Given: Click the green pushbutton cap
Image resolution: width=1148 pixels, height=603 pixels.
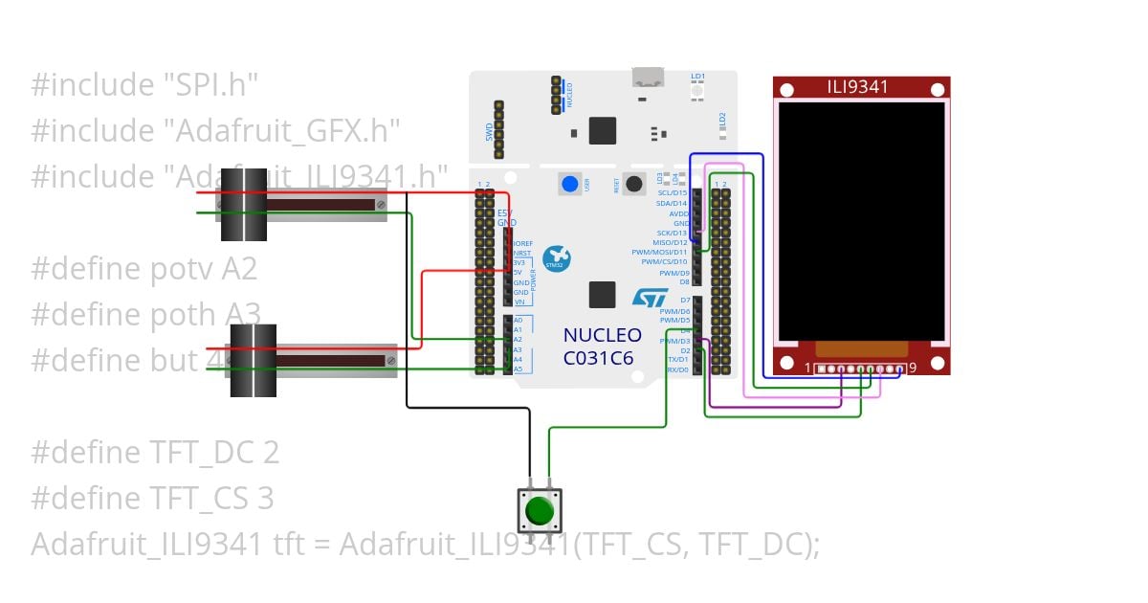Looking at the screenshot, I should (x=540, y=510).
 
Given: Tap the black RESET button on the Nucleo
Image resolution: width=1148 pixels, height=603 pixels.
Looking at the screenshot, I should (x=633, y=184).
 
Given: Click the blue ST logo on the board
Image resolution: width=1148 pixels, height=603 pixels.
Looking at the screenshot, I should (x=650, y=298).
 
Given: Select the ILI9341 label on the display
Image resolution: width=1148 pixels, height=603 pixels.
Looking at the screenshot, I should (x=858, y=87).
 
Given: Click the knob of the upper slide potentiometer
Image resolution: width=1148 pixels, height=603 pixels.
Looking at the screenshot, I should (x=244, y=205).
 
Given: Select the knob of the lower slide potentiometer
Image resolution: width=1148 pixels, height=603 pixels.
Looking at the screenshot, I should (x=253, y=361).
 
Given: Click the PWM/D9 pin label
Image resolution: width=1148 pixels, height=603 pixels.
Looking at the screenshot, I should (x=673, y=273).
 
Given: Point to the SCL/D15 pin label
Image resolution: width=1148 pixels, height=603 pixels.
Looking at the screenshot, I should (x=672, y=193).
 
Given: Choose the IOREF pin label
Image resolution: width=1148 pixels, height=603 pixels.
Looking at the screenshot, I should (x=522, y=244).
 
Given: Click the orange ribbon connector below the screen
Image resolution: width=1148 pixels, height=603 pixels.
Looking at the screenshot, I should (x=861, y=349).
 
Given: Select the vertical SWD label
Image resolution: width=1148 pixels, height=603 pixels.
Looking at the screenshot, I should (x=489, y=129).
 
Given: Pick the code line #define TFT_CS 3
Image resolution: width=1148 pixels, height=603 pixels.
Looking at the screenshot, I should (x=152, y=498).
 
